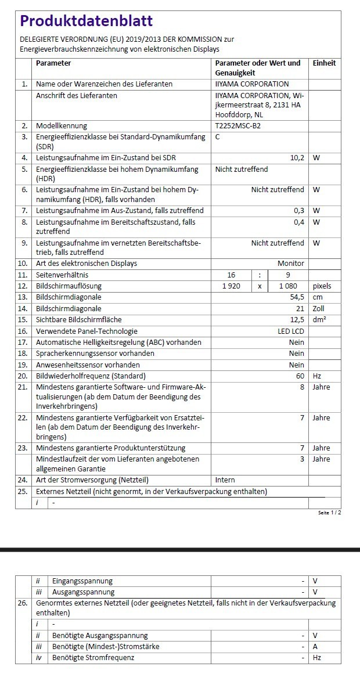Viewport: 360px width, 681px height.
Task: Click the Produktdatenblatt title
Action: pos(87,21)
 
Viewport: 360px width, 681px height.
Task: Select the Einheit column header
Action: pos(324,63)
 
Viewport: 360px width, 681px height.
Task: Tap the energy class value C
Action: pos(218,137)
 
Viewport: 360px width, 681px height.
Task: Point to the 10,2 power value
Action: pos(297,158)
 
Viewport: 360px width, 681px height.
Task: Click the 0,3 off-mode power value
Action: pos(299,210)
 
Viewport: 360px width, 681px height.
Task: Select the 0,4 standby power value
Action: pos(299,222)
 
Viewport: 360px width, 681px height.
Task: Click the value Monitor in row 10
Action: pos(290,264)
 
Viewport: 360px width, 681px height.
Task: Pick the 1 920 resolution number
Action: pos(231,286)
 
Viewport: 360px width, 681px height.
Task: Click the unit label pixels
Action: pos(322,286)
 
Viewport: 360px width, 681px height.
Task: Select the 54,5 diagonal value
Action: pos(296,297)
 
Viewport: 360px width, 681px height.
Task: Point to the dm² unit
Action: pos(319,320)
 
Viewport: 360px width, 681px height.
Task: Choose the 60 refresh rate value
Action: pos(300,376)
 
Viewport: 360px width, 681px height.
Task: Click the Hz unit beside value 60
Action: pos(317,376)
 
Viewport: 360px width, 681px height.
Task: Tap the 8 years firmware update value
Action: pos(302,387)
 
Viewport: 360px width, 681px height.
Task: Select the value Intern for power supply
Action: pos(225,480)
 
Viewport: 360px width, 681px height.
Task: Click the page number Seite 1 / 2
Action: pos(330,513)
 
